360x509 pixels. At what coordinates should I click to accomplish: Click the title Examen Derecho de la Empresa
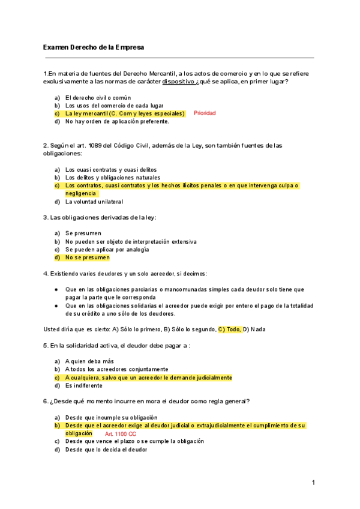(94, 47)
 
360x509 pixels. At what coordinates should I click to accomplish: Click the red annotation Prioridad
(205, 113)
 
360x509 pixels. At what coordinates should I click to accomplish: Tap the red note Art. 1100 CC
(121, 433)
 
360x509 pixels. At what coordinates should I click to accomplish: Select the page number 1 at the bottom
(313, 483)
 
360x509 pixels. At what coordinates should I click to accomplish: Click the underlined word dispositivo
(178, 82)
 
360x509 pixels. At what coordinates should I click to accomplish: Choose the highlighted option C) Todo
(229, 329)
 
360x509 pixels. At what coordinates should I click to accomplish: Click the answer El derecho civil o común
(98, 97)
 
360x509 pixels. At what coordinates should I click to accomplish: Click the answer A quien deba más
(89, 361)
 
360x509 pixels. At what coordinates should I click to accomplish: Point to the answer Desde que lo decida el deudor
(106, 449)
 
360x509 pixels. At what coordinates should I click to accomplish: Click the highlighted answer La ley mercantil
(125, 113)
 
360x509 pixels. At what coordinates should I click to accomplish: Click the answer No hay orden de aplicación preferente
(117, 121)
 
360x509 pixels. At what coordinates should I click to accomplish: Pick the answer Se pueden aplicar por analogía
(107, 249)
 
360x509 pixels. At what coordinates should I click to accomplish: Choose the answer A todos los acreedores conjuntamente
(116, 369)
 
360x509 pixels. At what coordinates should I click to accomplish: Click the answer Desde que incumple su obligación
(111, 417)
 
